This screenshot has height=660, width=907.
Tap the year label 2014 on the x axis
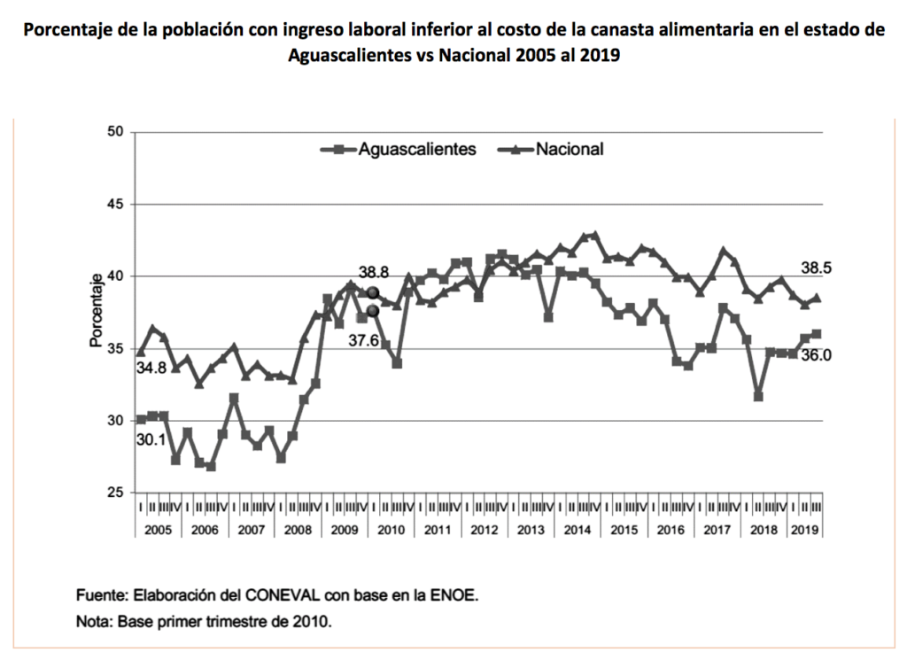[577, 529]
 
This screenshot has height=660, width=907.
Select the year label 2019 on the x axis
[802, 529]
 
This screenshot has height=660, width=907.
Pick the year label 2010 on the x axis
[391, 529]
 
